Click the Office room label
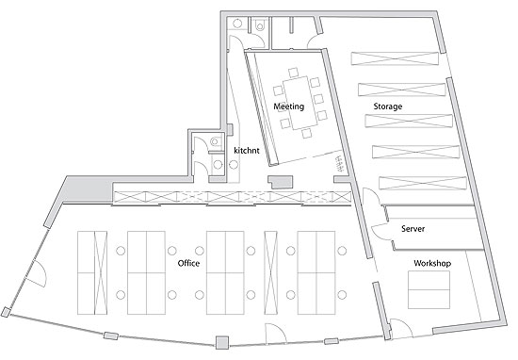pos(188,263)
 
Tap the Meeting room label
pos(289,106)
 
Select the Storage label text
pos(388,106)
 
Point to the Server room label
pos(413,229)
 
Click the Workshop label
pos(432,263)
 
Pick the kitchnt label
pos(247,151)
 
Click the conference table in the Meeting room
pos(299,103)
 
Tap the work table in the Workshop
pos(429,290)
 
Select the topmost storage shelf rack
pos(396,58)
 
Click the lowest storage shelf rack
pos(423,184)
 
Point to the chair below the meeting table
pos(307,134)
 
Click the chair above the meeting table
pos(293,73)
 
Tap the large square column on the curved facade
pos(222,342)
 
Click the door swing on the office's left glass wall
pos(38,270)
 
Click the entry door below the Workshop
pos(400,328)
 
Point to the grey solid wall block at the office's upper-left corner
pos(87,189)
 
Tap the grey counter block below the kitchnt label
pos(281,182)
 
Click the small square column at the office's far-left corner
pos(6,312)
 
